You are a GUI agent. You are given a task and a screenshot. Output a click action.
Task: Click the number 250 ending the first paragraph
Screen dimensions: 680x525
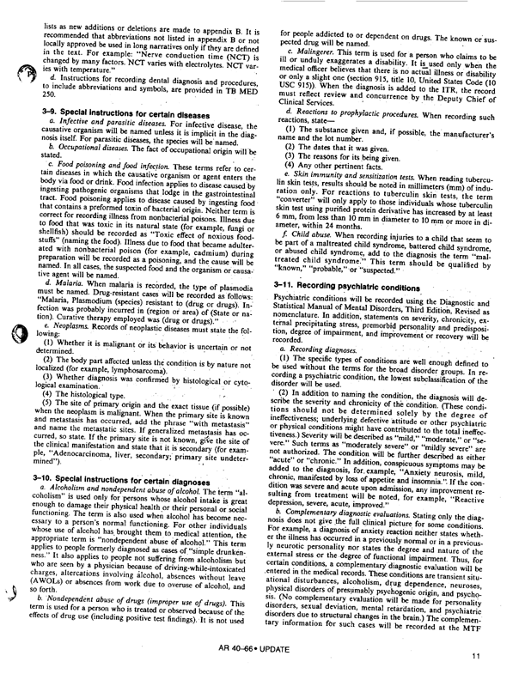pyautogui.click(x=44, y=121)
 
